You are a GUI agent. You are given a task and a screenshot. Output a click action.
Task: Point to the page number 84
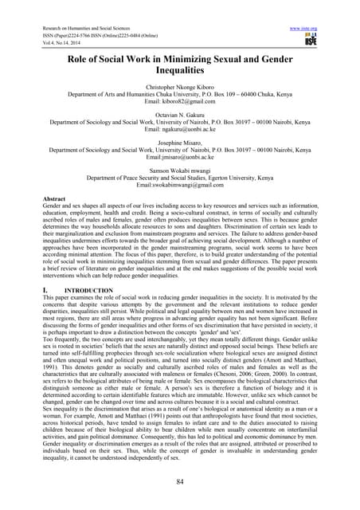(x=179, y=481)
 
